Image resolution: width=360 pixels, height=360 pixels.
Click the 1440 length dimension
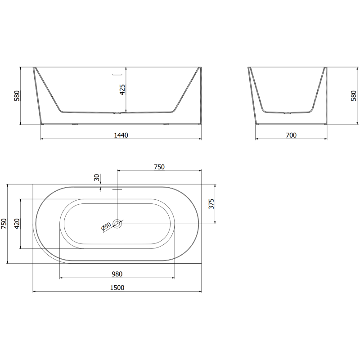[121, 135]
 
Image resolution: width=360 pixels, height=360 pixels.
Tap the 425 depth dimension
[122, 90]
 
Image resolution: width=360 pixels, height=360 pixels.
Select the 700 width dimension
[291, 135]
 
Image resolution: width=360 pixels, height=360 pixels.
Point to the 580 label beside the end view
[354, 96]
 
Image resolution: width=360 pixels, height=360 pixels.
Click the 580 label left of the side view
[17, 96]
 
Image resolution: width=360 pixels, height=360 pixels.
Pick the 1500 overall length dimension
[117, 288]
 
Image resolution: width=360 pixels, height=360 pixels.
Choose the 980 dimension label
[117, 274]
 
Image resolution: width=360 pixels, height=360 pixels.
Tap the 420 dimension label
[17, 224]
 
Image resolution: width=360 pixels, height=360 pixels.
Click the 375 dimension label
[211, 204]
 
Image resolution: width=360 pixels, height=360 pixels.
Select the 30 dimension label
[97, 177]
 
